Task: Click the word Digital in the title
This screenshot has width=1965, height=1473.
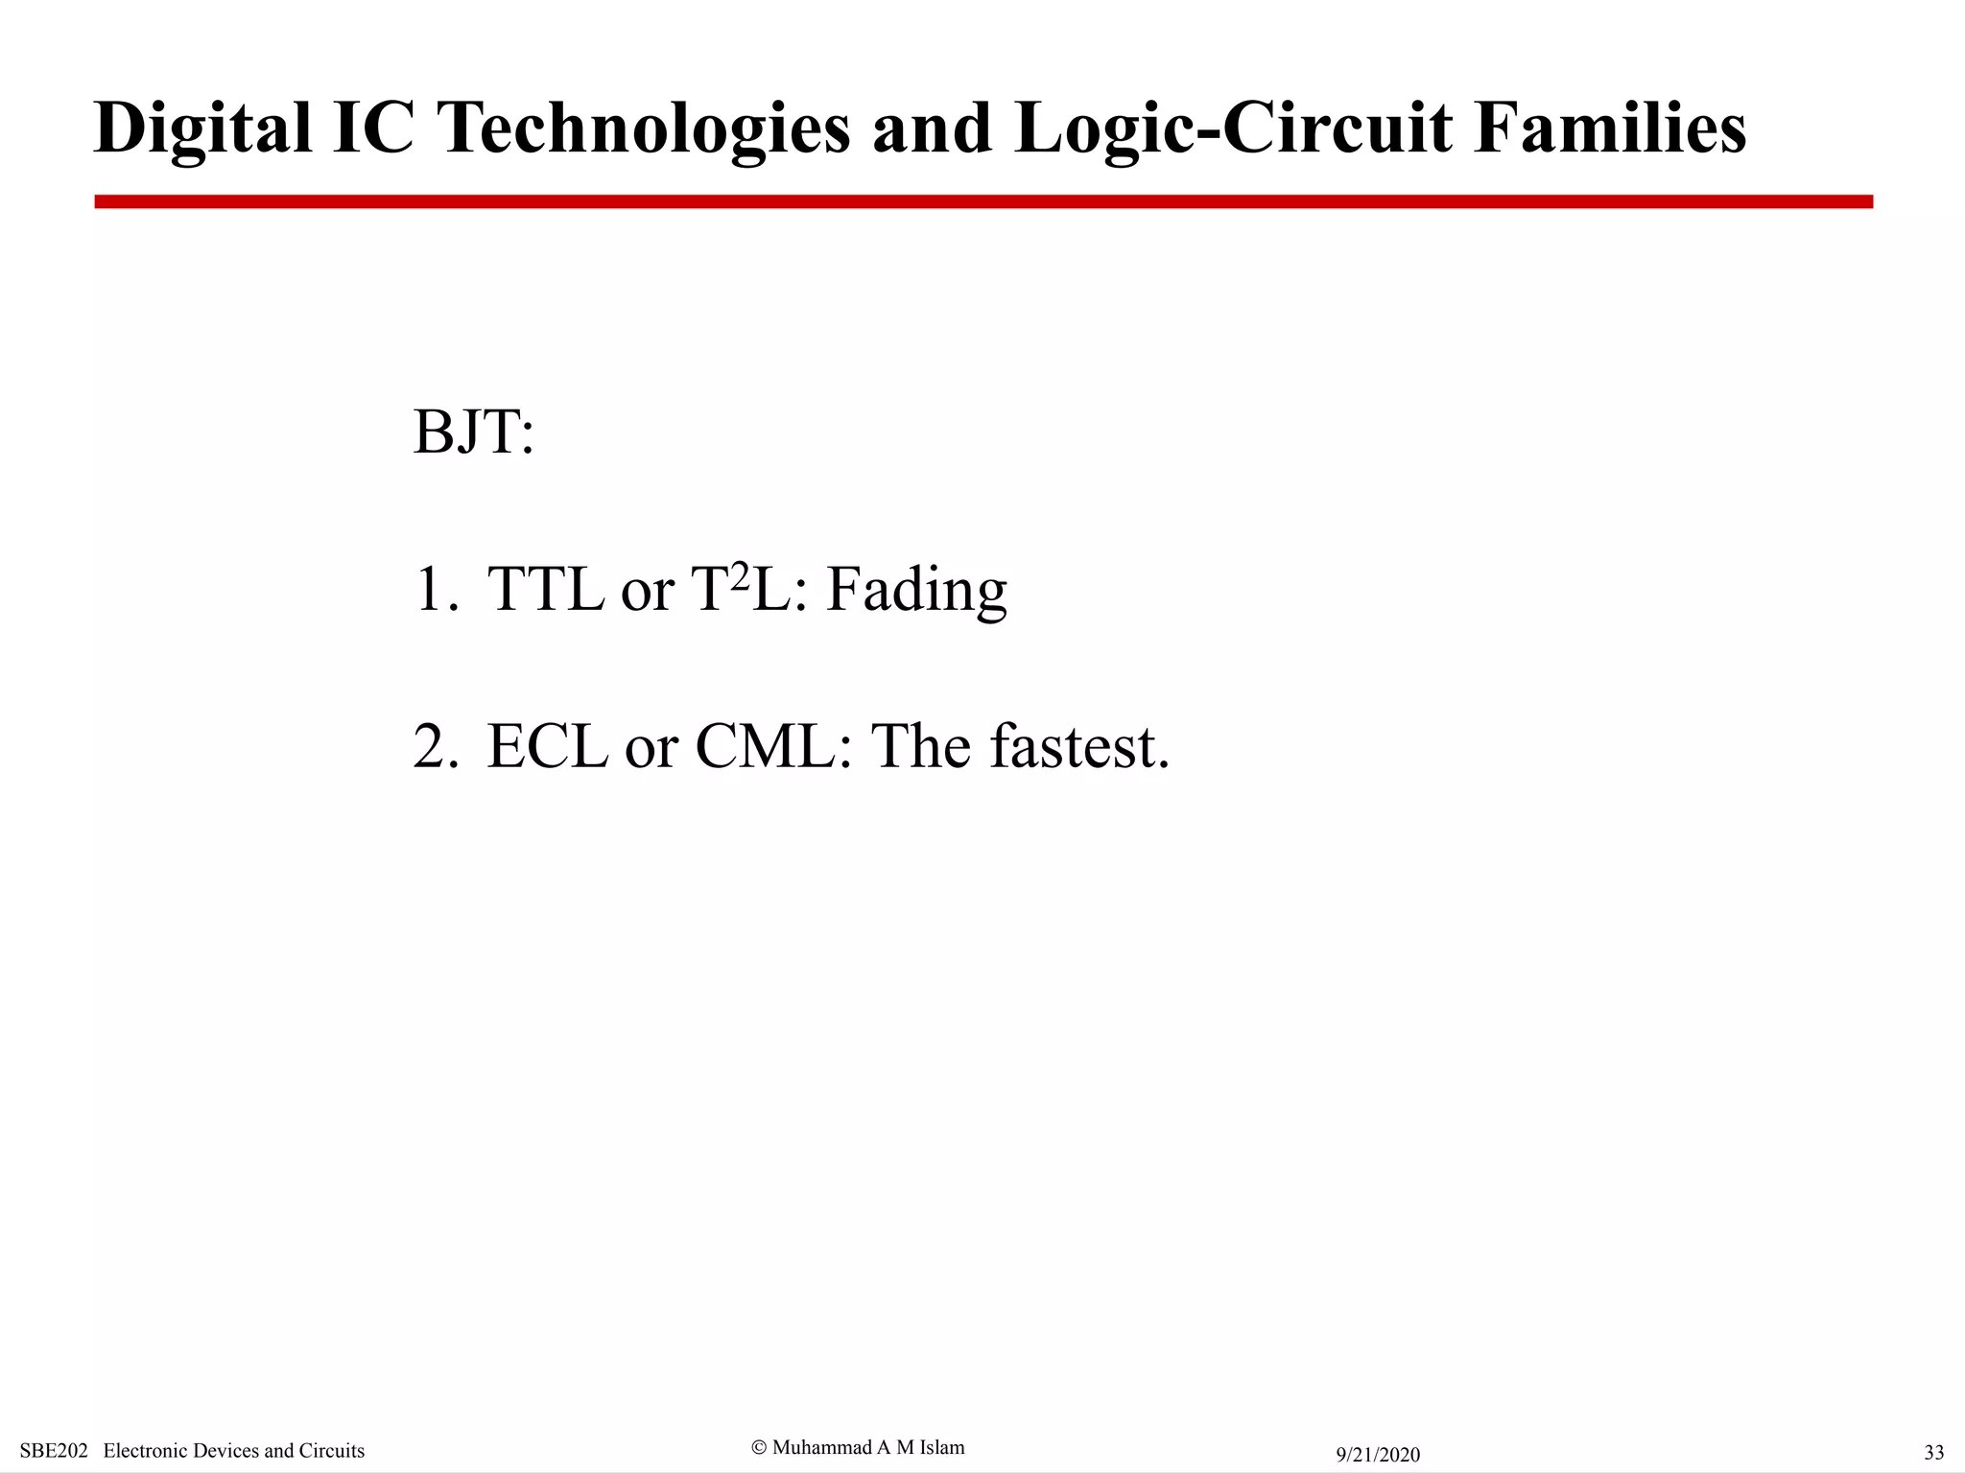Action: [x=202, y=129]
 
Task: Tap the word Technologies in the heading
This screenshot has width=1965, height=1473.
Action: [x=644, y=129]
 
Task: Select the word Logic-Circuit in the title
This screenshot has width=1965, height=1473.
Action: [x=1233, y=129]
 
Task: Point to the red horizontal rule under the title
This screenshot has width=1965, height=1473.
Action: [x=982, y=201]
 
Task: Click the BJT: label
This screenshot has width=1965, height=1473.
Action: [x=473, y=433]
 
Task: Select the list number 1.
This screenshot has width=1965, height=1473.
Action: [x=430, y=589]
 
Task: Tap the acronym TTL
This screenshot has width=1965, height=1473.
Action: [x=546, y=589]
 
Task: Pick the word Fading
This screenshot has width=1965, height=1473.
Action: [x=916, y=589]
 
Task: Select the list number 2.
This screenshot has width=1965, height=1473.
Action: [x=431, y=746]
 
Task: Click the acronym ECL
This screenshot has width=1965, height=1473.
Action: [x=547, y=746]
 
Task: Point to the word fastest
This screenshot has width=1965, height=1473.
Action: [x=1078, y=746]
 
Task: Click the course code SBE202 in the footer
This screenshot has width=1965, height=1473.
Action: [x=54, y=1451]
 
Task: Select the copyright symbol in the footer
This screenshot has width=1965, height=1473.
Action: [x=759, y=1447]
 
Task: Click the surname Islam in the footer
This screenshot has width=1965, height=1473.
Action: [x=941, y=1447]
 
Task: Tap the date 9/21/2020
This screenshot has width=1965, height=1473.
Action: [x=1378, y=1455]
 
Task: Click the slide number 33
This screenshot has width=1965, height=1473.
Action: [x=1934, y=1452]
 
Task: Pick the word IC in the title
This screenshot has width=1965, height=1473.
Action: [x=373, y=129]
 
